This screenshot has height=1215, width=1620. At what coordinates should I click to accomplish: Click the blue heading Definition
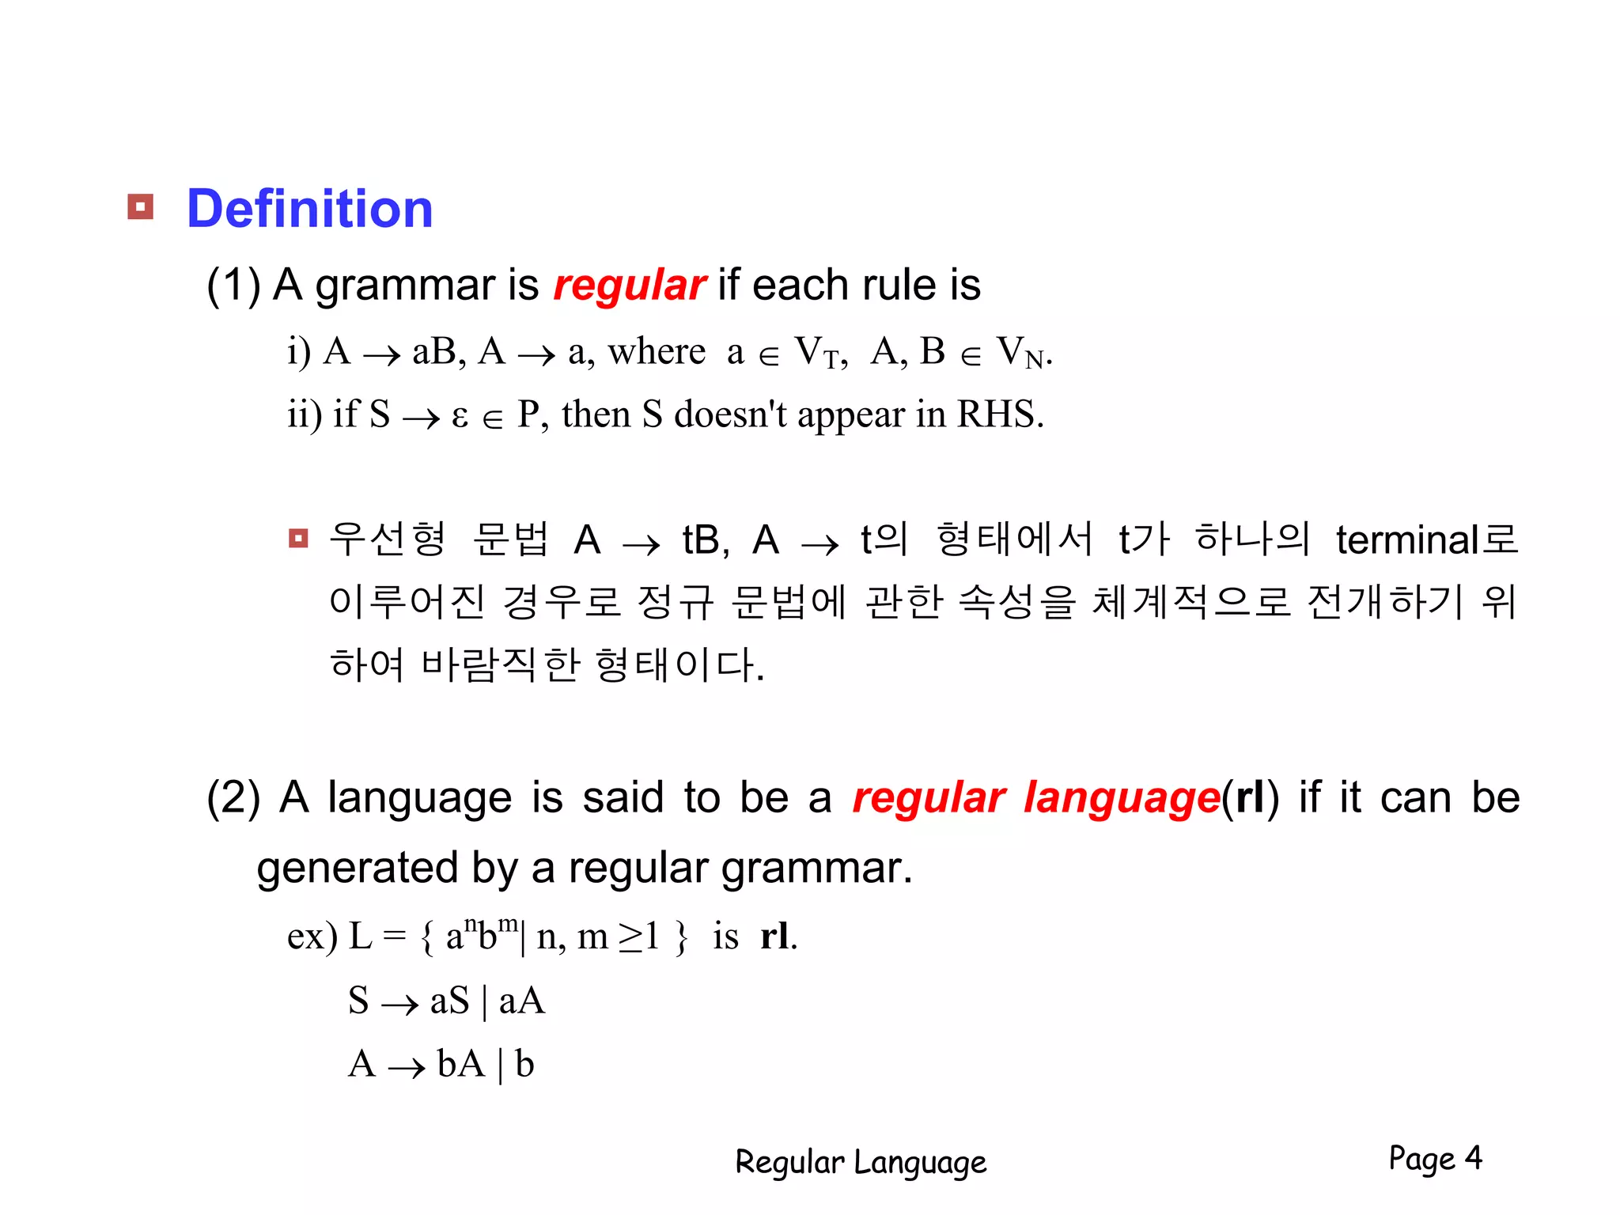click(309, 209)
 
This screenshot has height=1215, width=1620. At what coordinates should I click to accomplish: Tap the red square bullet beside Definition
click(140, 207)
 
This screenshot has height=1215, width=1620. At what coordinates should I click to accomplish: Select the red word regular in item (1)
click(629, 286)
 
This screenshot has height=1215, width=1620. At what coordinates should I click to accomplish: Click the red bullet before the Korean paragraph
click(298, 539)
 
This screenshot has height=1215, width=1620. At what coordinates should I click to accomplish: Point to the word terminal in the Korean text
click(1407, 540)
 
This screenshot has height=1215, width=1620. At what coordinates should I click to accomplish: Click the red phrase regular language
click(1035, 797)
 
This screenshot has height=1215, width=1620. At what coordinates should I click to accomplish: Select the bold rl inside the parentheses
click(1250, 797)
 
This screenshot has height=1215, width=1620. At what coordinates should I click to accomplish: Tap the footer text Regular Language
click(861, 1162)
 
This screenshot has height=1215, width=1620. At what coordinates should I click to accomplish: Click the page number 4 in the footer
click(1473, 1158)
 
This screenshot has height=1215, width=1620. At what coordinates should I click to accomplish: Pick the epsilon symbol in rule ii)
click(460, 416)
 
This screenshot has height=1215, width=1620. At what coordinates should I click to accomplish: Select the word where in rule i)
click(657, 352)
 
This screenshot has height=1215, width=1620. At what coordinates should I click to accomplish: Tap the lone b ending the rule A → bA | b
click(524, 1065)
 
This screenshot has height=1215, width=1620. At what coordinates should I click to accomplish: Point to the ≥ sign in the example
click(630, 938)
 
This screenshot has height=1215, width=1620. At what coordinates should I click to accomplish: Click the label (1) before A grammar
click(233, 286)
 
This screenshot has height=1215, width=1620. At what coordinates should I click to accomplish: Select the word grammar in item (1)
click(404, 287)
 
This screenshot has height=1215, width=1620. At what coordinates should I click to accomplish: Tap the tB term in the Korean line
click(703, 541)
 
